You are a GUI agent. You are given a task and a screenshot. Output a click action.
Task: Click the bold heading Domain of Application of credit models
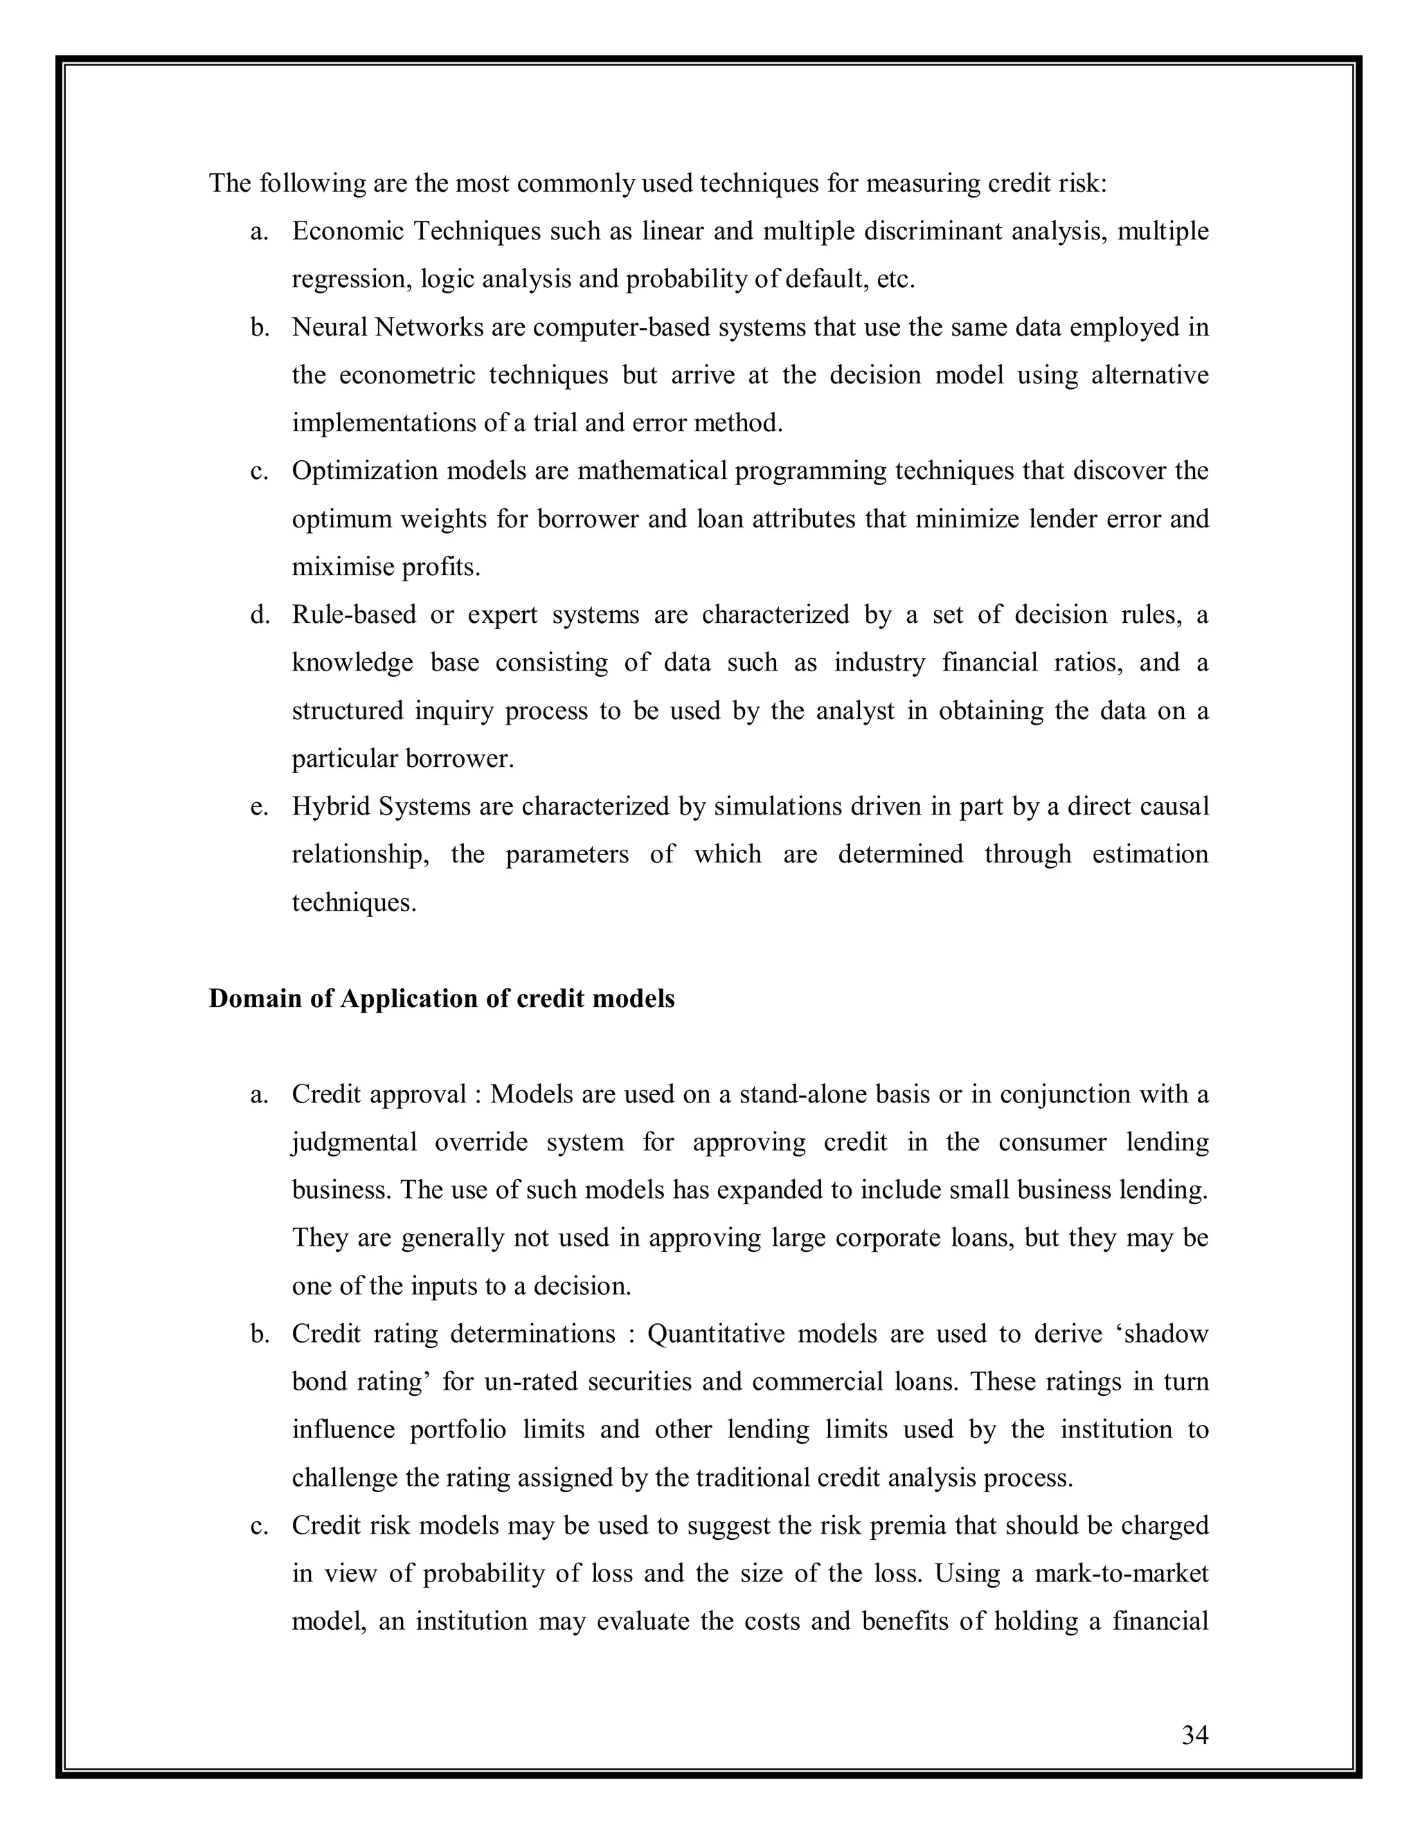pos(441,999)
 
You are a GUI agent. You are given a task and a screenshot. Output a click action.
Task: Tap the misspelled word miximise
pos(343,567)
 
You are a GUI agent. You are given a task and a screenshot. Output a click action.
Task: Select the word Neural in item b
pos(330,327)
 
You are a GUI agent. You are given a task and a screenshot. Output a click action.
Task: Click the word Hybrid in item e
pos(332,806)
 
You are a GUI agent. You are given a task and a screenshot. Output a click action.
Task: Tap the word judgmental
pos(354,1143)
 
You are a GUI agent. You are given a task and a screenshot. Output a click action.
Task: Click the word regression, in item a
pos(350,280)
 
